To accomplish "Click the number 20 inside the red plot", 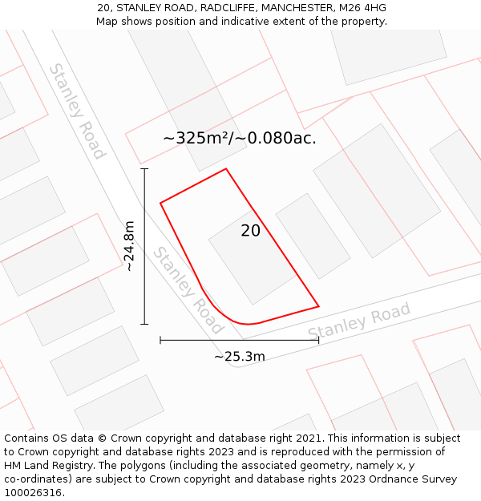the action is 250,231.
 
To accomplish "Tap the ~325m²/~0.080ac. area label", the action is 239,138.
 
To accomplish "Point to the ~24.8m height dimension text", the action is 129,247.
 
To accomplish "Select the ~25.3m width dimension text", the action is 239,357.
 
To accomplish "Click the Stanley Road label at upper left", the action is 77,111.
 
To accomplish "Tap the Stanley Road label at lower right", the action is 359,320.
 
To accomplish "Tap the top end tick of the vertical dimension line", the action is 144,169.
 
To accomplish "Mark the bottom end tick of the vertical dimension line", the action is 144,324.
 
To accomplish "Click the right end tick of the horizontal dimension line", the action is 319,341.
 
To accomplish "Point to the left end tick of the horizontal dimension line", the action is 160,341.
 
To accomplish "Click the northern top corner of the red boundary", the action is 226,168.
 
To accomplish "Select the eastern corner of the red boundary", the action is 319,306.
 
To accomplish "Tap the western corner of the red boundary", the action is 160,203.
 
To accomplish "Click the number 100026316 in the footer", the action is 34,493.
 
